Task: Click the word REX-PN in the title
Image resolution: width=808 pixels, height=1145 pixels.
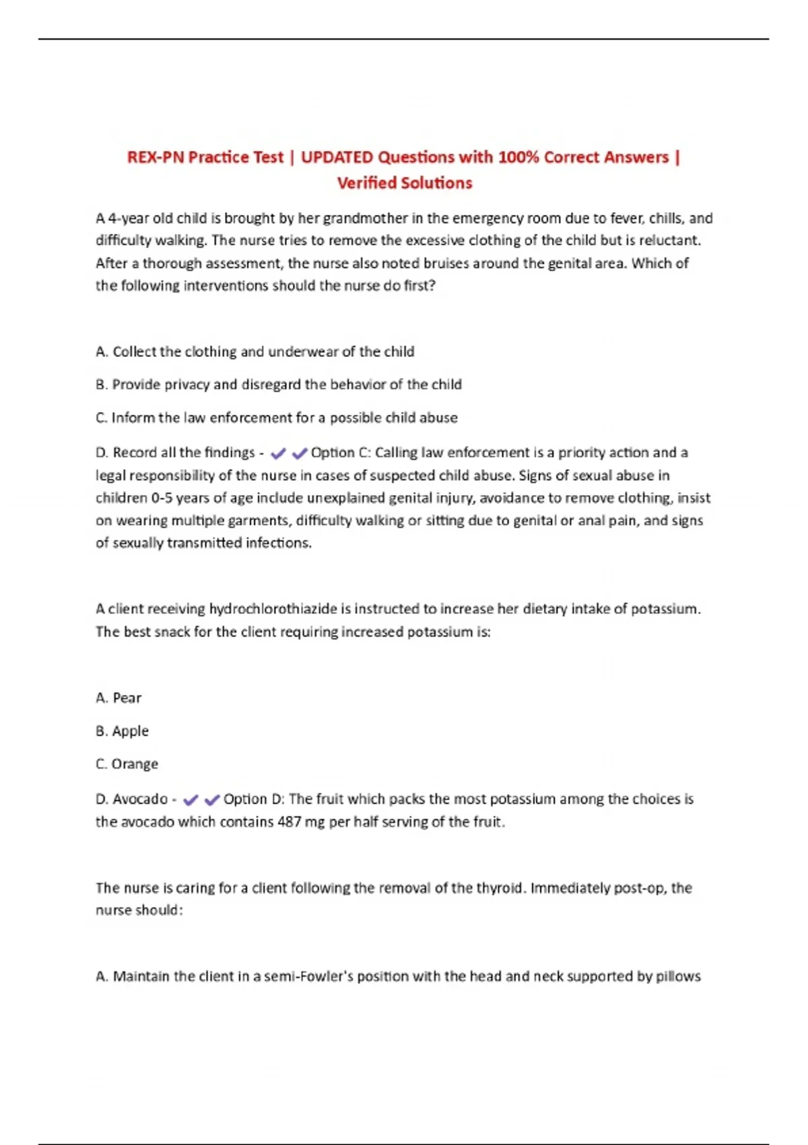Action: point(154,158)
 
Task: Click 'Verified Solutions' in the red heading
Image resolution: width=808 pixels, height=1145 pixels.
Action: point(404,183)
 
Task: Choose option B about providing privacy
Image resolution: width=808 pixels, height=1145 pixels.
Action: point(278,385)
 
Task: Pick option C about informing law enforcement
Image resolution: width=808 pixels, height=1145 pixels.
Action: point(276,418)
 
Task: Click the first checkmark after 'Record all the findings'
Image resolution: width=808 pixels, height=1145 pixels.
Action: point(277,454)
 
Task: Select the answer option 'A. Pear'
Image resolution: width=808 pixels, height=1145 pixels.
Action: point(119,698)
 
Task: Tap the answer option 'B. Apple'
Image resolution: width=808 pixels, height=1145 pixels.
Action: point(122,731)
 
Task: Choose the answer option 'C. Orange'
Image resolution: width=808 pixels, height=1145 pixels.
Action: point(127,764)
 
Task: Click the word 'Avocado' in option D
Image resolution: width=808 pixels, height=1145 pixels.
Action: point(140,799)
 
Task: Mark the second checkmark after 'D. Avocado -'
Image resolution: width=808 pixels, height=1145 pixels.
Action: point(212,800)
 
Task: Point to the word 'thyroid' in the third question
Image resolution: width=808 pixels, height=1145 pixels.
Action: point(500,888)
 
